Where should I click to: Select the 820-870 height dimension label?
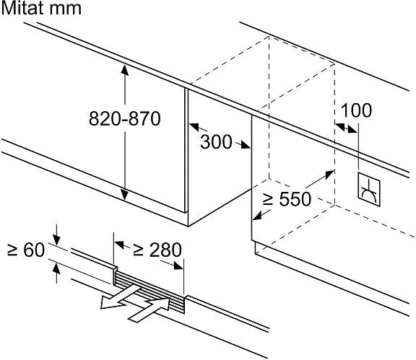125,118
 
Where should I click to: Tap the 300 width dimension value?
216,142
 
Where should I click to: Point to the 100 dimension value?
356,110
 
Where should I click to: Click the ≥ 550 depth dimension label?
287,199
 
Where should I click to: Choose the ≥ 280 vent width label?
157,250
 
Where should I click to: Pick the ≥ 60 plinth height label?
26,250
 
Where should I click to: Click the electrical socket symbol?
369,189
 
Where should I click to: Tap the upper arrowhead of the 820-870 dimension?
125,70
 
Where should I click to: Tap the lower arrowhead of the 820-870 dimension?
125,195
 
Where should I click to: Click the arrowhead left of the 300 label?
194,127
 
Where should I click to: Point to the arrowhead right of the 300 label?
245,145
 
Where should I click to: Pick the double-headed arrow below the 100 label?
346,128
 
